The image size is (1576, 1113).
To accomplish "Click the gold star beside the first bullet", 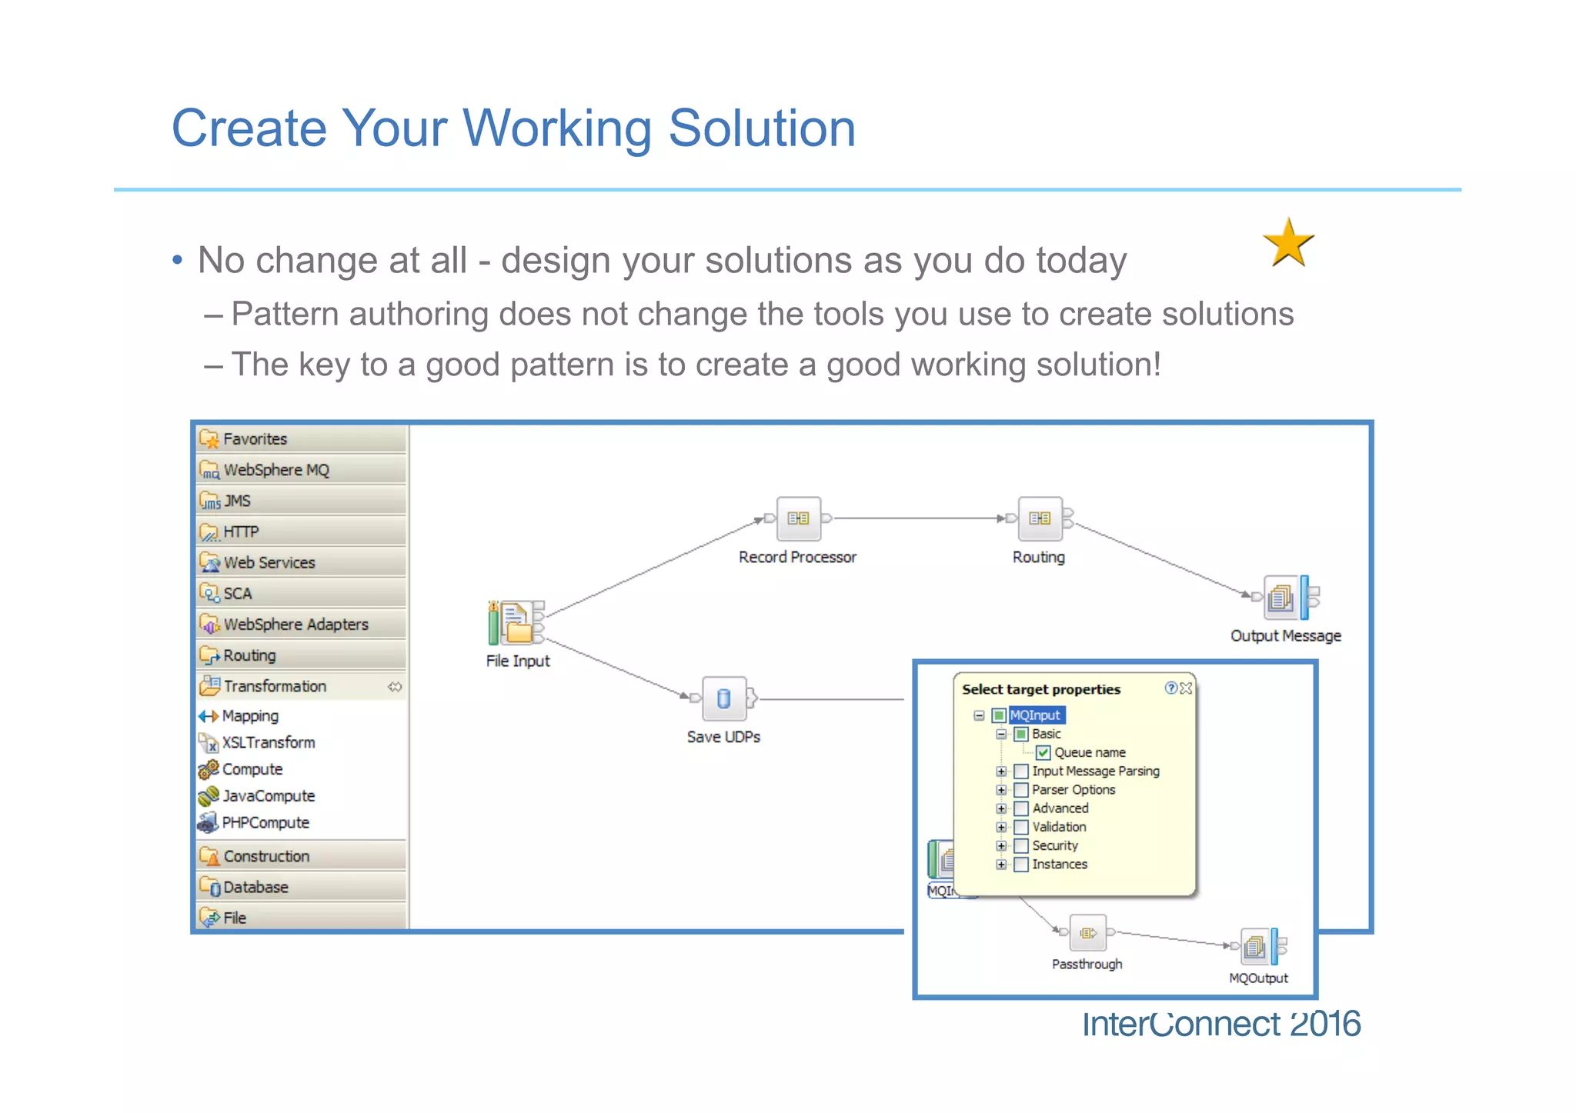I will pos(1288,243).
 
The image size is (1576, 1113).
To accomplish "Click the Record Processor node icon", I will pos(798,518).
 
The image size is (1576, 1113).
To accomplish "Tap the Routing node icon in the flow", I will pos(1040,518).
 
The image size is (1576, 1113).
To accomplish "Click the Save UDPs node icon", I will pos(723,698).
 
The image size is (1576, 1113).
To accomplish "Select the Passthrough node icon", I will pos(1087,933).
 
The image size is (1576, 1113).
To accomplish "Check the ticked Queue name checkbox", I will pos(1043,752).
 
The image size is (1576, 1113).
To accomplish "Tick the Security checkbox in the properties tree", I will pos(1021,845).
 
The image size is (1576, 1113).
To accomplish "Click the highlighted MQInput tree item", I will pos(1035,715).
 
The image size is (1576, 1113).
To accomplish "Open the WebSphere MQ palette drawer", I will pos(275,470).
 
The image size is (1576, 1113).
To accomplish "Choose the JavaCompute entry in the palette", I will pos(268,796).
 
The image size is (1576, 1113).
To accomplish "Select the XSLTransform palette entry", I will pos(268,743).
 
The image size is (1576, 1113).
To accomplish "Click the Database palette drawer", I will pos(255,888).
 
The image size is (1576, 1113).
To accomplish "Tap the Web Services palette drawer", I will pos(269,563).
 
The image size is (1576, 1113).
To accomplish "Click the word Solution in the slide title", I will pos(761,128).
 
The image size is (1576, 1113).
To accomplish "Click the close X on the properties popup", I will pos(1186,688).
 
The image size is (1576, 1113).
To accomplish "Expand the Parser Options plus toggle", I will pos(1001,790).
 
